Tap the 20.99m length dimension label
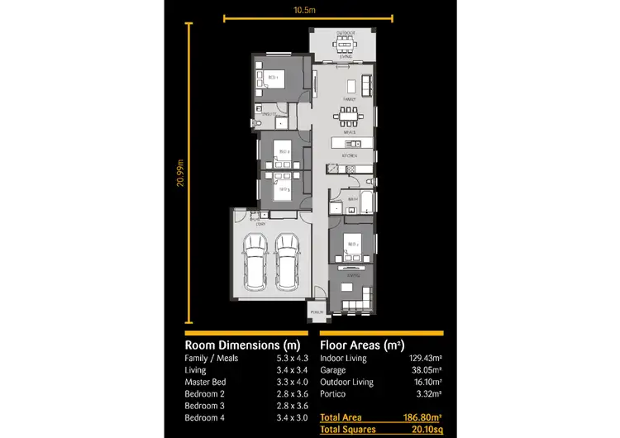[179, 173]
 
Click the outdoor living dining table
[344, 45]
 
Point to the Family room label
[350, 98]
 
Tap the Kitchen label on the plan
[350, 154]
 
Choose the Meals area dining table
[350, 116]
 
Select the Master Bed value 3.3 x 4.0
[291, 382]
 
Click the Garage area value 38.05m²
[425, 370]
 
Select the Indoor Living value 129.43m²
[422, 358]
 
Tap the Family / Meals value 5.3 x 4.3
[291, 358]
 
